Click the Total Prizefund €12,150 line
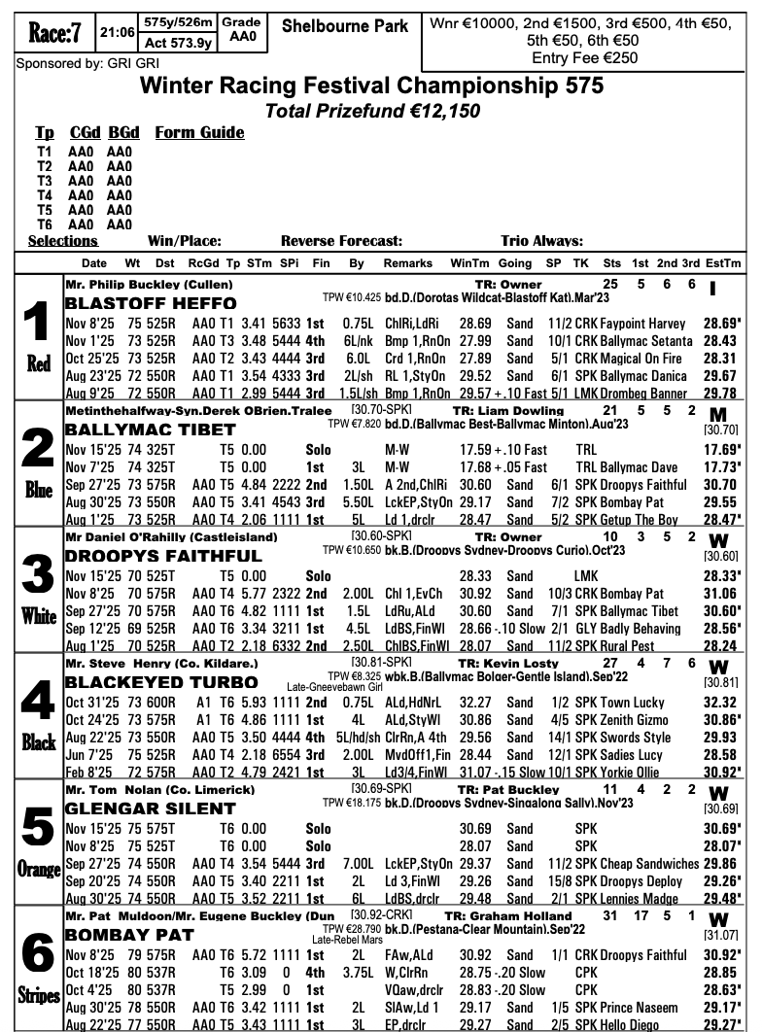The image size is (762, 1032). [x=373, y=111]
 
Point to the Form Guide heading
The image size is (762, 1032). [x=199, y=132]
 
